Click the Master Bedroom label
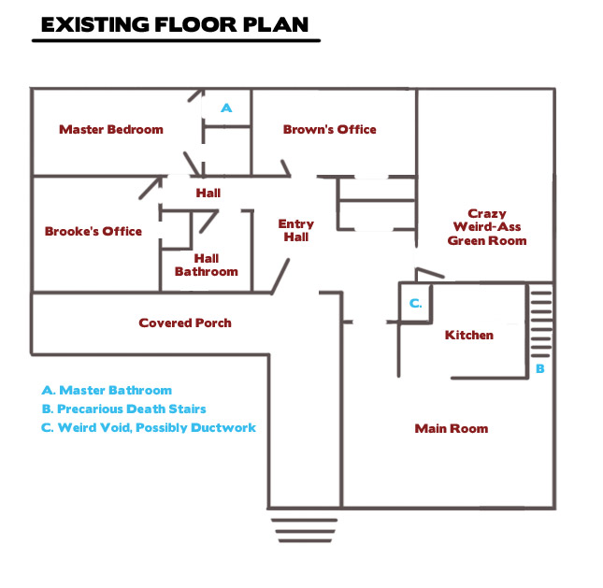coord(111,129)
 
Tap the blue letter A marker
coord(226,108)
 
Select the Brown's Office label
coord(330,129)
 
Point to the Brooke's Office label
coord(93,231)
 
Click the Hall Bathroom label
coord(207,265)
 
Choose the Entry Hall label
coord(296,230)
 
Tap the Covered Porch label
coord(185,323)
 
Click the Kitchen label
coord(469,335)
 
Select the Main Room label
coord(452,428)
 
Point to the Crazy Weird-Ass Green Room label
coord(487,227)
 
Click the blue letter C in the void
coord(415,304)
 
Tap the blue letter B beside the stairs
coord(540,369)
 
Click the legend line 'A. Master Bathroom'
coord(107,391)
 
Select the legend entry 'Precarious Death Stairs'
coord(132,409)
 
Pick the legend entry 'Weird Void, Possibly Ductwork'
coord(157,427)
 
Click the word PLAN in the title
coord(276,24)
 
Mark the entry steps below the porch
coord(304,531)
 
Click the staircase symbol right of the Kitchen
coord(541,325)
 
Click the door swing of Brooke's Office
coord(151,188)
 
